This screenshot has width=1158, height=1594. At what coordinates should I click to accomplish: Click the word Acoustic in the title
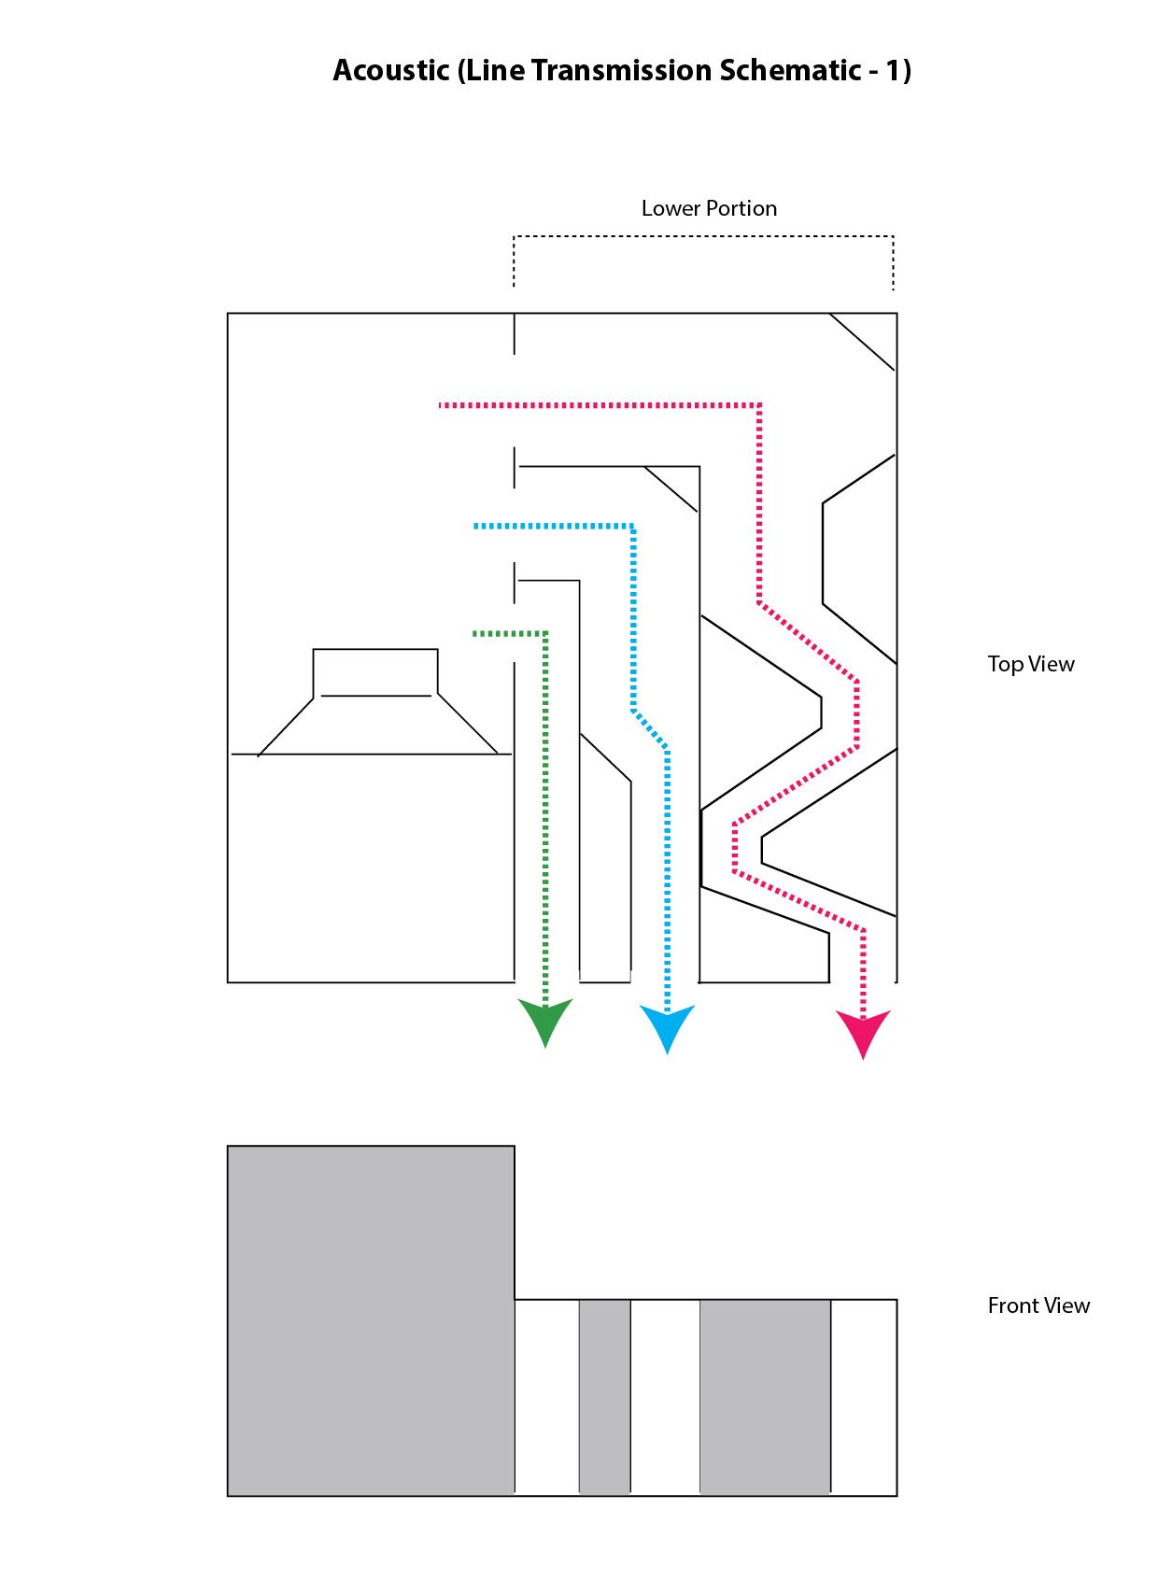(x=390, y=71)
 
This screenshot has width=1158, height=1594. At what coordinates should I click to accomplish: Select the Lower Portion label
(x=709, y=208)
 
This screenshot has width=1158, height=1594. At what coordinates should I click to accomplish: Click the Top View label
(x=1031, y=664)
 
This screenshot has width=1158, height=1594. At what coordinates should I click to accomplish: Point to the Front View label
(x=1038, y=1305)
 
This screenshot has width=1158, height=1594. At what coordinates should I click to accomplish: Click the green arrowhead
(x=545, y=1020)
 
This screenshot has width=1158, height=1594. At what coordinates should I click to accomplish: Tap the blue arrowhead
(x=667, y=1025)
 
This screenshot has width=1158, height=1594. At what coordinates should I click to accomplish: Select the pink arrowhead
(x=863, y=1031)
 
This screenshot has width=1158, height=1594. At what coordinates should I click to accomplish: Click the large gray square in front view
(x=371, y=1320)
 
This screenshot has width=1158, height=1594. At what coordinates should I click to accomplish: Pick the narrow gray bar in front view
(x=605, y=1397)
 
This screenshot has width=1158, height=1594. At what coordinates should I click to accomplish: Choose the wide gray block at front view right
(x=765, y=1397)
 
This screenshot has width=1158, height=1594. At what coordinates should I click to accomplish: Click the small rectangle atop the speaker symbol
(x=375, y=671)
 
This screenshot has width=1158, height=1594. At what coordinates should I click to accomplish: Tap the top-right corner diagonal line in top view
(x=862, y=342)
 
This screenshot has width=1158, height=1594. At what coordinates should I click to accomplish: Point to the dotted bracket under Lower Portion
(x=703, y=237)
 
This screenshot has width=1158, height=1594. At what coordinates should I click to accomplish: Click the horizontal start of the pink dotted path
(x=598, y=405)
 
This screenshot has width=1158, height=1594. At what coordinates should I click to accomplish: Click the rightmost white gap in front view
(x=864, y=1397)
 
